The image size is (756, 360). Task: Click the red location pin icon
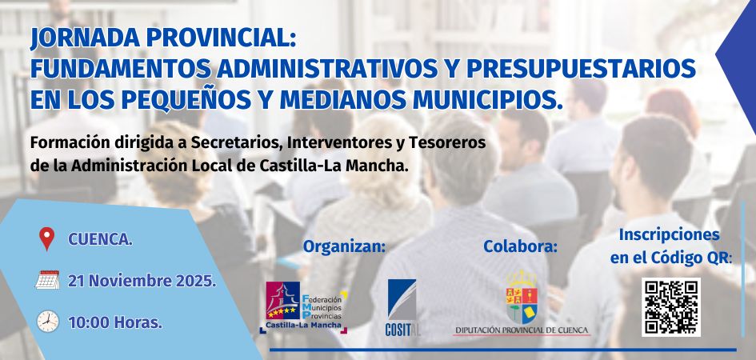point(46,238)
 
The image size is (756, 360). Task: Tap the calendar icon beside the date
point(47,280)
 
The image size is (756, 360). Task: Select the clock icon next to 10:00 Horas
point(48,322)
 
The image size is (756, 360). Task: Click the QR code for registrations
point(671,307)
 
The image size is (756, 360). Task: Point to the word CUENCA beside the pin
point(100,239)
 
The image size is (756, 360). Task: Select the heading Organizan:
point(344,246)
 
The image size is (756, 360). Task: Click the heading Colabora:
point(520,246)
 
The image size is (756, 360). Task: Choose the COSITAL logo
point(402,307)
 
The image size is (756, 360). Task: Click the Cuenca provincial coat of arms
point(522,297)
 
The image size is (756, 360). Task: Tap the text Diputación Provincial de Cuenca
point(521,330)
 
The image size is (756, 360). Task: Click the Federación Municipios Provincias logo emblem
point(282,300)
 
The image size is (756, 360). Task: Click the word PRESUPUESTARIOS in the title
point(581,69)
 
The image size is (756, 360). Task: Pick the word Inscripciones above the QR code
point(670,235)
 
